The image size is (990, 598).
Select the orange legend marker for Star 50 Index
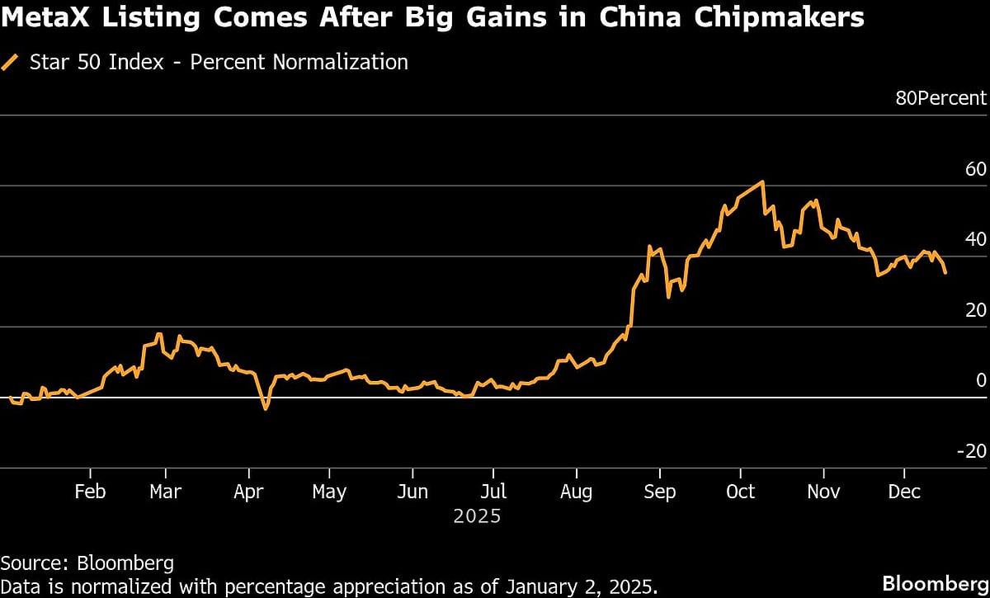[x=10, y=62]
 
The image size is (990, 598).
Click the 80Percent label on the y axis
[x=940, y=98]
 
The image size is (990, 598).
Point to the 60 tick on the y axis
[x=975, y=169]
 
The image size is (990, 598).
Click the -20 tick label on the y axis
[x=972, y=451]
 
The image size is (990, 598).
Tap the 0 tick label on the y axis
[x=981, y=380]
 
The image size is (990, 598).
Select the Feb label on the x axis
[x=90, y=492]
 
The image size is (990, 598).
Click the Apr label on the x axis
[x=248, y=492]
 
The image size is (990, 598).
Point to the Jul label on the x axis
[x=493, y=492]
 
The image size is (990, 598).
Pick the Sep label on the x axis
[x=658, y=492]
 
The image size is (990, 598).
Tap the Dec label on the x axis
[x=904, y=492]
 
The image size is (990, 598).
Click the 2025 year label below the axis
[x=477, y=517]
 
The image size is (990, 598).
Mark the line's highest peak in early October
[x=763, y=181]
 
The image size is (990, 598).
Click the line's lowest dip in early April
[x=265, y=408]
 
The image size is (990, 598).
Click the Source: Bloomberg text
[x=87, y=563]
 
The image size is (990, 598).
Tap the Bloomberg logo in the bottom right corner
[x=934, y=583]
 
